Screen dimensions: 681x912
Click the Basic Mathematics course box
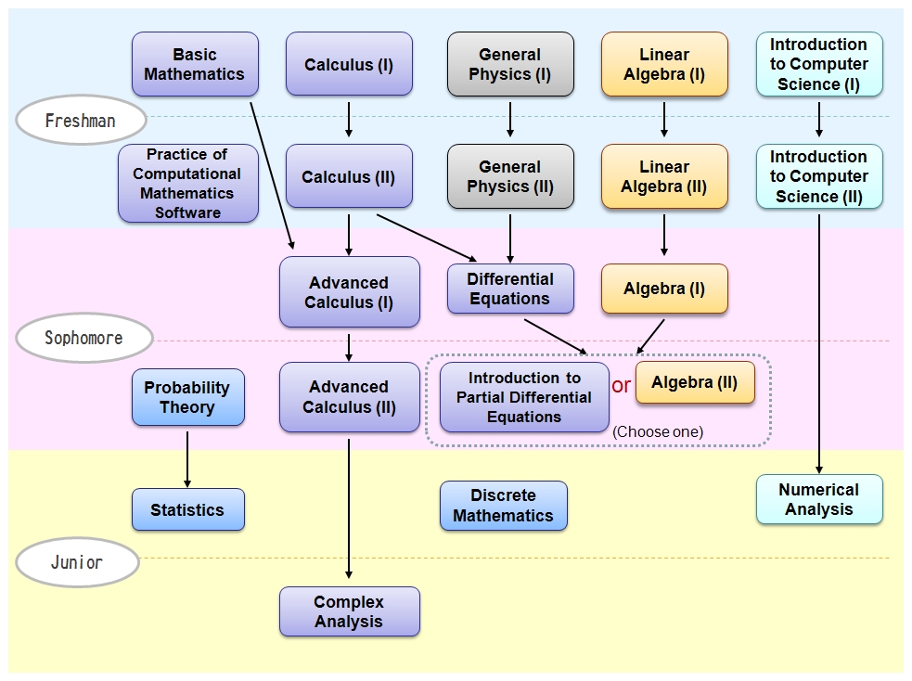pos(195,64)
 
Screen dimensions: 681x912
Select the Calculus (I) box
pos(349,64)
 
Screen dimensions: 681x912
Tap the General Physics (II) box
pos(510,176)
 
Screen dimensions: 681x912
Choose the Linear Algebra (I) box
pos(664,64)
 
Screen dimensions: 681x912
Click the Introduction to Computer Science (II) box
pos(819,176)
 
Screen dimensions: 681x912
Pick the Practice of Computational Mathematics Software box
pos(188,183)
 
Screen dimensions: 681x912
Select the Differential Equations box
pos(510,289)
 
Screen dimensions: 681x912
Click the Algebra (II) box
pos(695,382)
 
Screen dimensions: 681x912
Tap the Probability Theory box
pos(187,397)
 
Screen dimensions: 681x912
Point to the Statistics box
pos(187,509)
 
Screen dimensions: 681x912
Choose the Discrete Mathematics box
pos(503,506)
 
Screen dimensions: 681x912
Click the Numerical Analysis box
pos(819,499)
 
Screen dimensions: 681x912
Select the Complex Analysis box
pos(349,611)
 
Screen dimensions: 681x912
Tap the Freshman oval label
pos(81,121)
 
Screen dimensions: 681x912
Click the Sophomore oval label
pos(83,338)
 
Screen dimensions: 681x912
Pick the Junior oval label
pos(77,562)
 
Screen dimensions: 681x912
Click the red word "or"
pos(621,385)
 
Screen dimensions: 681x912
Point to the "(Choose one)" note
pos(658,431)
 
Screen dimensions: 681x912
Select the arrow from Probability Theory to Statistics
pos(187,456)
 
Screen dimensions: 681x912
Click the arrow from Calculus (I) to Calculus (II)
pos(349,119)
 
